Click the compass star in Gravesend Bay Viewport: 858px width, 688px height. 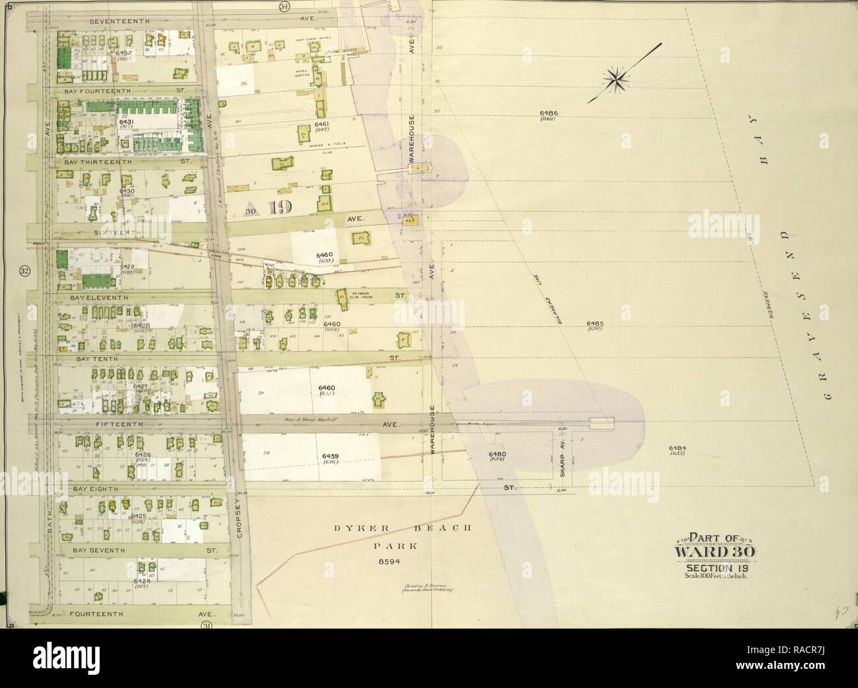click(619, 79)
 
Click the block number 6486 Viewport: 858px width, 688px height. click(548, 113)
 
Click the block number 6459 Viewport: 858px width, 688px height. click(331, 456)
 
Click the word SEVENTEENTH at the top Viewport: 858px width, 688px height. click(121, 21)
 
